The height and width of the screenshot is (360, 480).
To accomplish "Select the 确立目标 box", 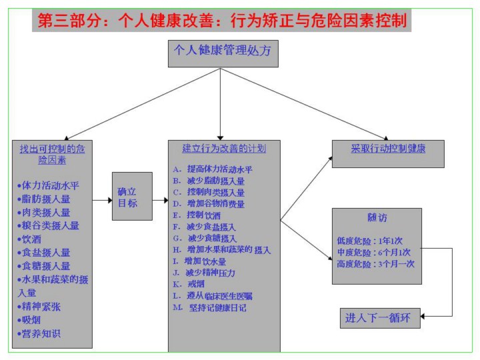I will pos(132,197).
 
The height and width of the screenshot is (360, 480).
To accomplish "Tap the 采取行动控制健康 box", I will pos(388,149).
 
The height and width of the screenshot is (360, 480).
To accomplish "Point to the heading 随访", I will pos(377,218).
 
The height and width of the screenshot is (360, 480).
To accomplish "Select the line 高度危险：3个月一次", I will pos(376,263).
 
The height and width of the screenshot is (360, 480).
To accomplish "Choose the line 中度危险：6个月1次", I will pos(375,252).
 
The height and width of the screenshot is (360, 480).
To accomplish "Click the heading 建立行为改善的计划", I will pos(224,149).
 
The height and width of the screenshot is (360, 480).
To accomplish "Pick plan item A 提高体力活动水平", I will pos(212,169).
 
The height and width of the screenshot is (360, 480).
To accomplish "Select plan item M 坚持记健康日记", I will pos(209,307).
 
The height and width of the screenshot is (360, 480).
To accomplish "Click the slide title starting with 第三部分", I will pos(221,20).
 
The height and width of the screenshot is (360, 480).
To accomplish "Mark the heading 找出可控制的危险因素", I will pos(52,154).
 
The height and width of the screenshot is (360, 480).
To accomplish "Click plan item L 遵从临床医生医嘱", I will pos(212,295).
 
